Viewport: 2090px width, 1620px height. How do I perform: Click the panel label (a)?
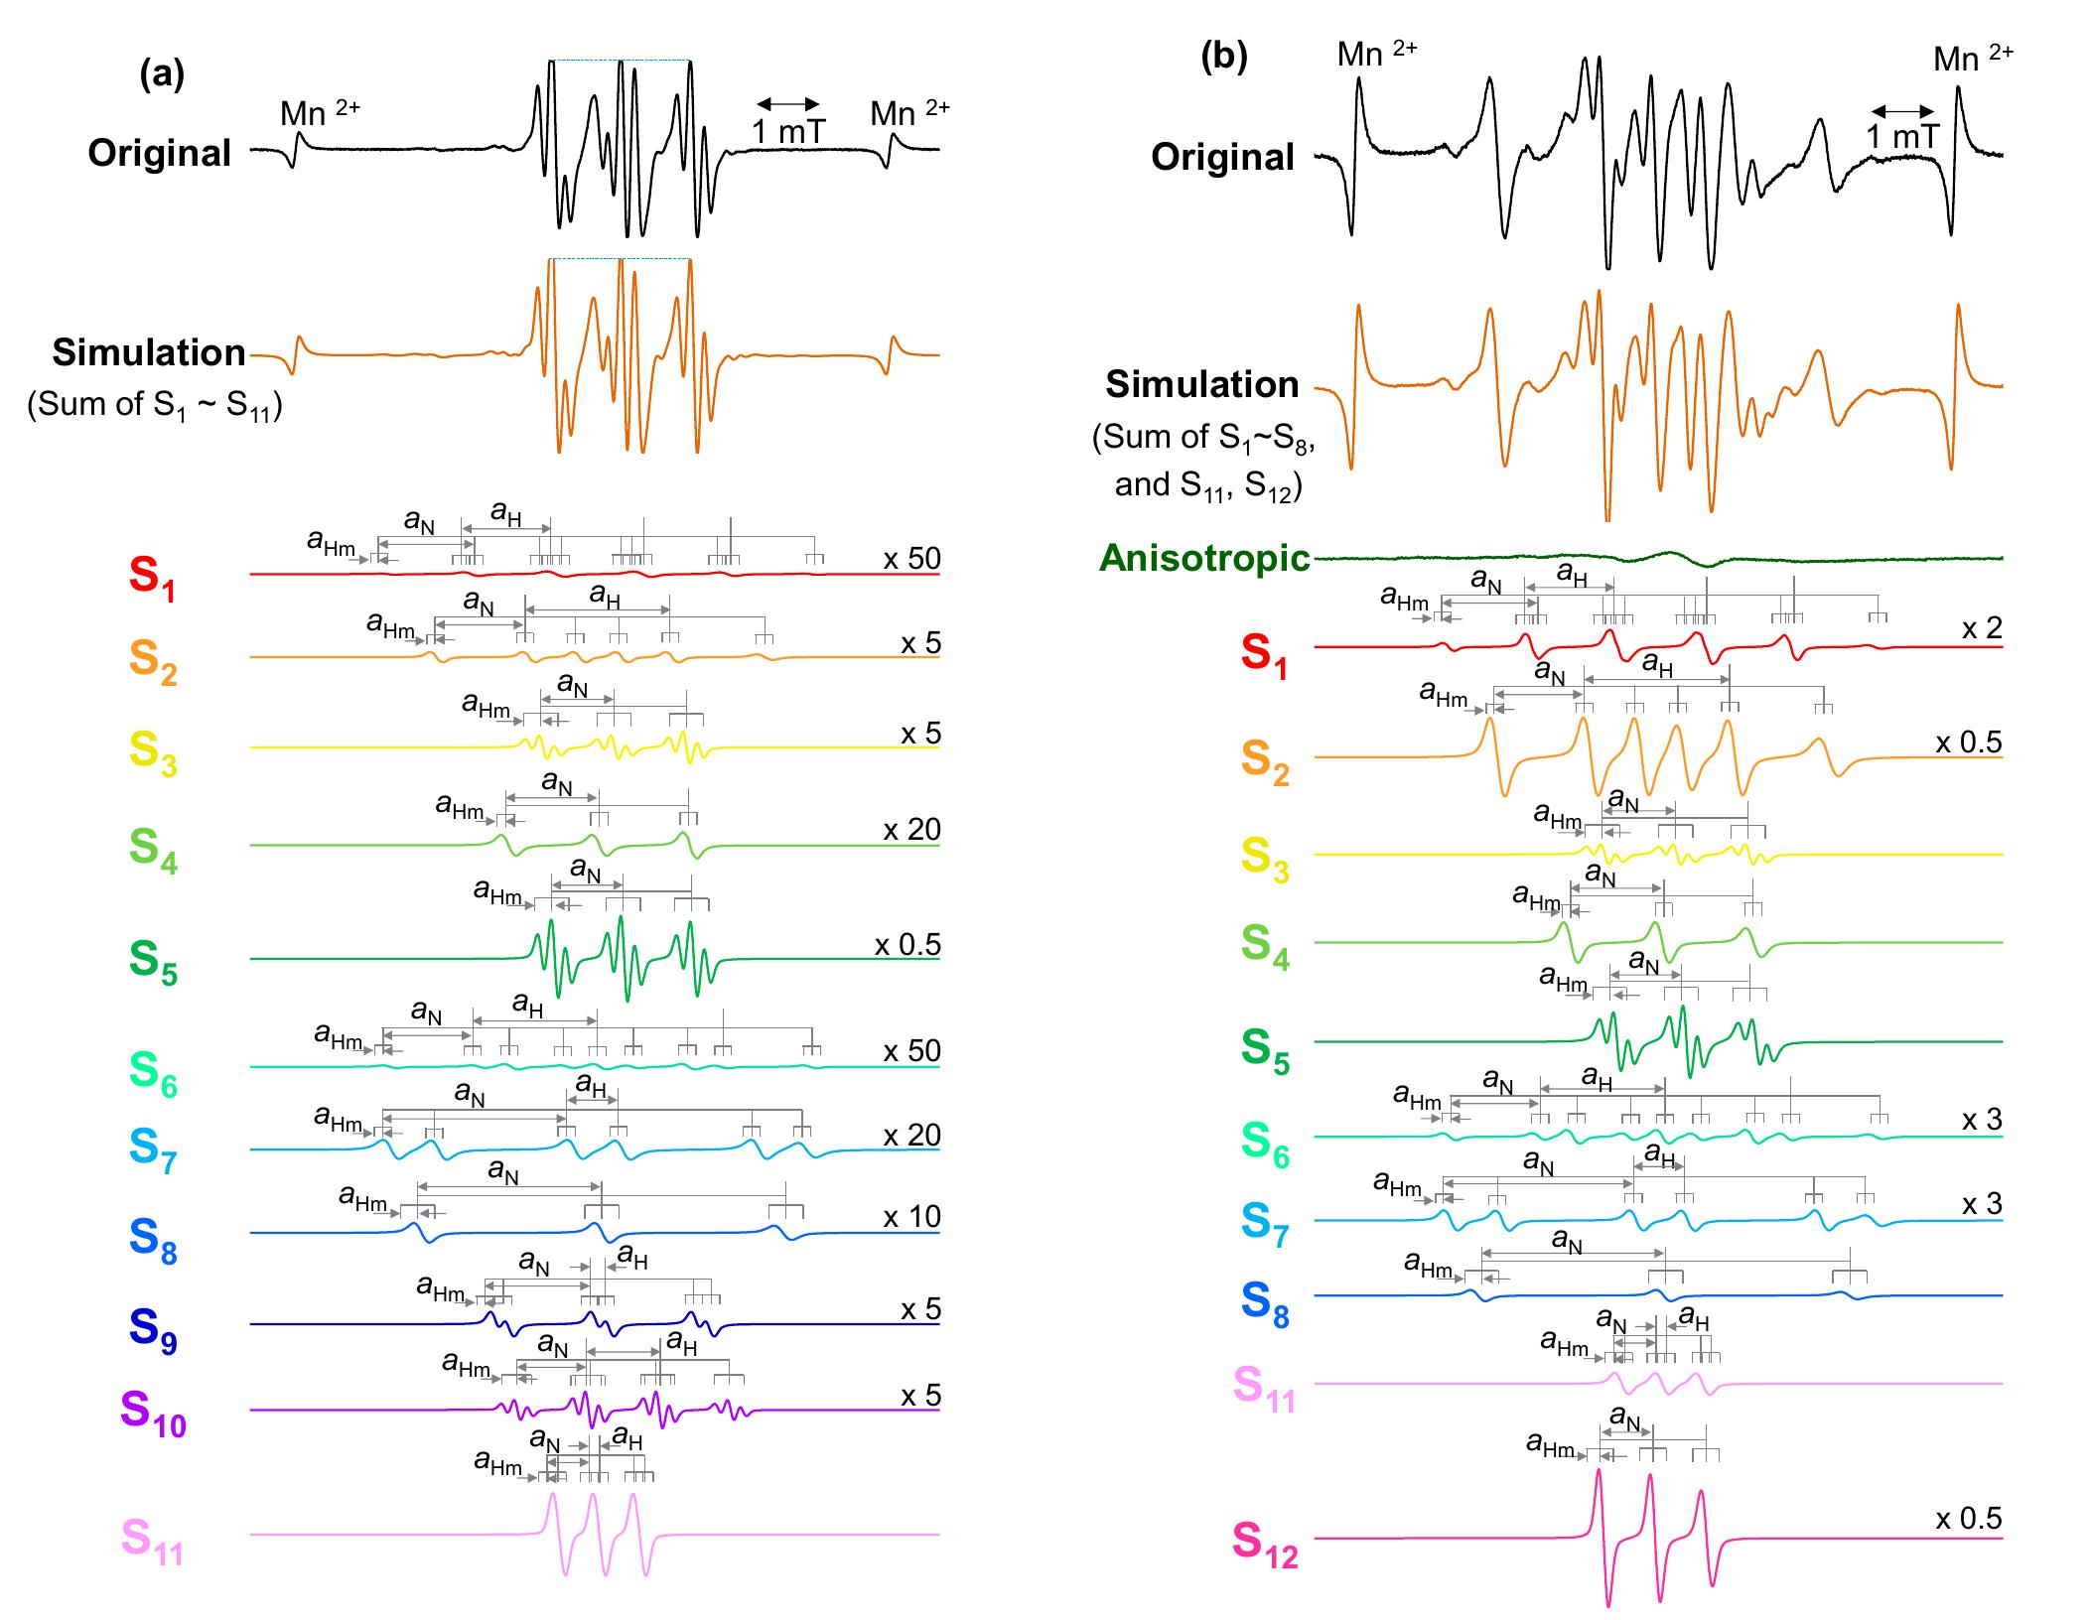click(x=162, y=73)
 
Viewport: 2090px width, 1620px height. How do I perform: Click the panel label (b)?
click(x=1223, y=57)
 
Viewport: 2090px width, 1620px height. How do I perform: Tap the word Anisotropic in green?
click(x=1204, y=558)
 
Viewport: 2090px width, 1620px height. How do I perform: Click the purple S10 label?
click(x=153, y=1414)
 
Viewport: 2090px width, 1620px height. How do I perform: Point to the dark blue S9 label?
click(x=153, y=1329)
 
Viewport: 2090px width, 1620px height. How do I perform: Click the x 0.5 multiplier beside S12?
click(x=1969, y=1518)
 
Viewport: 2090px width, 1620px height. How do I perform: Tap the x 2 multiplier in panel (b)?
click(x=1982, y=627)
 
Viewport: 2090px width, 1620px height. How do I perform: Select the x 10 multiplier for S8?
click(x=911, y=1216)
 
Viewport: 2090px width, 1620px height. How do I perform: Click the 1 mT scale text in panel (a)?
click(x=788, y=131)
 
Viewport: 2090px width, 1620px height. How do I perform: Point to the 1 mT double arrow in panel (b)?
click(x=1902, y=111)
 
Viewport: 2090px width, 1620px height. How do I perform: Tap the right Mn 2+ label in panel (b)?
click(x=1973, y=58)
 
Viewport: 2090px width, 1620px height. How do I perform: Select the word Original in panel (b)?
click(x=1222, y=157)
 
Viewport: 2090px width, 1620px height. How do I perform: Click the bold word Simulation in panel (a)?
click(x=149, y=352)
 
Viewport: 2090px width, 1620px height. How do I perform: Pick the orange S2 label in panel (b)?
click(x=1265, y=762)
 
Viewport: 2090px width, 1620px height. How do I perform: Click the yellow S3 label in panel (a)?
click(x=153, y=751)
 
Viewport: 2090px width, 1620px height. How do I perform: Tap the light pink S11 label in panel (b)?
click(x=1265, y=1388)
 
